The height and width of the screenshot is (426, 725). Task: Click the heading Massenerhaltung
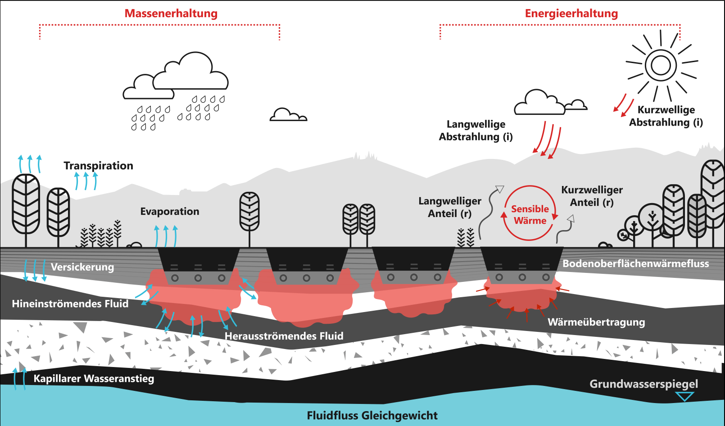[x=171, y=14]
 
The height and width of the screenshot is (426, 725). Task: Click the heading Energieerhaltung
[x=571, y=14]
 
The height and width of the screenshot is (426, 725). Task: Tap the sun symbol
[x=661, y=65]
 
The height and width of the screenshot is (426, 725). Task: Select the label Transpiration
[x=98, y=166]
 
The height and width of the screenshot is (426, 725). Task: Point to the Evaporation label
[x=169, y=212]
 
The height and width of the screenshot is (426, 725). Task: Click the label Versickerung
[x=82, y=267]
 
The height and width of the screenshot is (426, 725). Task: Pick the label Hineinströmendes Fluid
[x=70, y=304]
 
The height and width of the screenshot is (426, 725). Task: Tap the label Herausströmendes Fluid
[x=284, y=336]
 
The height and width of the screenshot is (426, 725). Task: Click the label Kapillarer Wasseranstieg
[x=94, y=379]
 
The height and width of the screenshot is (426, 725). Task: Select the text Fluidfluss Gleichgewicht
[x=372, y=415]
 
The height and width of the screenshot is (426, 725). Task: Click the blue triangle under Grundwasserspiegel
[x=684, y=396]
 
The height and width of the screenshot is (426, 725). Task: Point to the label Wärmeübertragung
[x=596, y=322]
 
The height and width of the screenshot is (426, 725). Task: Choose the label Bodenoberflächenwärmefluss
[x=635, y=263]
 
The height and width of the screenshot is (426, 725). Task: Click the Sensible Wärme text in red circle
[x=530, y=215]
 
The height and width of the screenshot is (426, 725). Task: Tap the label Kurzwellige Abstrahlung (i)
[x=666, y=116]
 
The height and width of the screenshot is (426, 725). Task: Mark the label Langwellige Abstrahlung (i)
[x=476, y=131]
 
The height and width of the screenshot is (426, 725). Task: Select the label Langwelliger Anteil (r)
[x=449, y=207]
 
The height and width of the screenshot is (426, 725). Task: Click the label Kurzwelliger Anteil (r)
[x=592, y=196]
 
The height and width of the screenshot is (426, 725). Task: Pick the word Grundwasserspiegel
[x=643, y=384]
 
